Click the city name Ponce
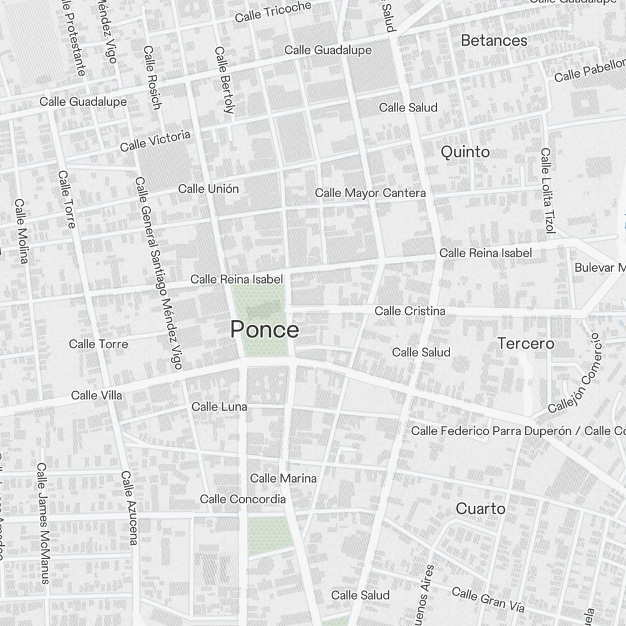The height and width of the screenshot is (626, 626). tap(264, 329)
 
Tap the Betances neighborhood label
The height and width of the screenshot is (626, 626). tap(494, 41)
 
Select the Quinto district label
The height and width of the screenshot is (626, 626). tap(465, 151)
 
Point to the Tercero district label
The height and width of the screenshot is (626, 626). tap(526, 343)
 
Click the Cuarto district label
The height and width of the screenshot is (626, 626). tap(480, 508)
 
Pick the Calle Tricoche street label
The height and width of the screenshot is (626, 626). tap(273, 12)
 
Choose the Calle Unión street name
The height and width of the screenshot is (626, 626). tap(208, 188)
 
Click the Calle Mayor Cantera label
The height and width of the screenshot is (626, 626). tap(370, 193)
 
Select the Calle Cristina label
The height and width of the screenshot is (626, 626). tap(410, 311)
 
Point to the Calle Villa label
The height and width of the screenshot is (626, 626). tap(96, 395)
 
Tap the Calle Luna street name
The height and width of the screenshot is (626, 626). tap(219, 407)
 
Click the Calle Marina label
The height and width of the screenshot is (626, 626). tap(283, 478)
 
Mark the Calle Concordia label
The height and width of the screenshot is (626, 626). tap(243, 499)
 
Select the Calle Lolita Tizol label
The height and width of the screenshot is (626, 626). tap(548, 191)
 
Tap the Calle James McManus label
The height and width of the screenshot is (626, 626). tap(43, 523)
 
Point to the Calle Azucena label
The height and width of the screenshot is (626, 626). tap(130, 508)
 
